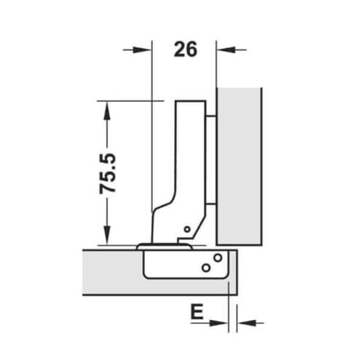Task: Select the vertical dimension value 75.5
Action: pyautogui.click(x=110, y=172)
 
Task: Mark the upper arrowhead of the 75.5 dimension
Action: pyautogui.click(x=108, y=107)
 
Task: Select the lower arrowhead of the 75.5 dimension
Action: pyautogui.click(x=108, y=239)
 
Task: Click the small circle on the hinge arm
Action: pyautogui.click(x=187, y=230)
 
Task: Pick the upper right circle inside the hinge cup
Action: pyautogui.click(x=217, y=257)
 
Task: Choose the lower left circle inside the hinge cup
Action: pyautogui.click(x=206, y=268)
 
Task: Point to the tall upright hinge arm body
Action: pyautogui.click(x=189, y=160)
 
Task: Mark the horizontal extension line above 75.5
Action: pyautogui.click(x=127, y=100)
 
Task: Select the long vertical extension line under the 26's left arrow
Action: pyautogui.click(x=152, y=145)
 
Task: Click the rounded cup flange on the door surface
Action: pyautogui.click(x=165, y=247)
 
